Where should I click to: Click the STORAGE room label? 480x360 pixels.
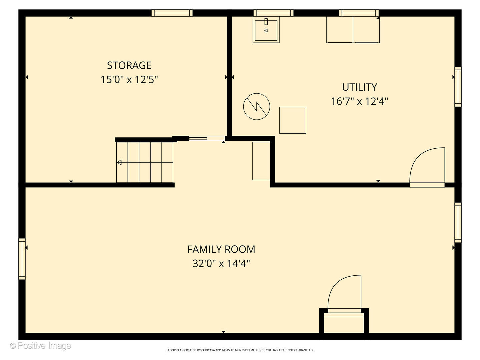129,65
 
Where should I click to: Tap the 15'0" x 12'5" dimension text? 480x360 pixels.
129,80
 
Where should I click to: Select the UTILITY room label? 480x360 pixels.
359,87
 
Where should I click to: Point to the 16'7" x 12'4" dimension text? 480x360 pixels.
359,101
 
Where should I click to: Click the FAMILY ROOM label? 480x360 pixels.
221,249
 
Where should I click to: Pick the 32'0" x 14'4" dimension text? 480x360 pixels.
221,264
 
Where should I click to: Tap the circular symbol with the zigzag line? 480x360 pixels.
256,107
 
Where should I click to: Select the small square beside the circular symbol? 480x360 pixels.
293,120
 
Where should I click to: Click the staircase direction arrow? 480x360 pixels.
119,162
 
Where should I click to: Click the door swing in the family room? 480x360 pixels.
345,292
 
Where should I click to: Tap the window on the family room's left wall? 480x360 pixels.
22,259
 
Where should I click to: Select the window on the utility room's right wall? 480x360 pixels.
458,87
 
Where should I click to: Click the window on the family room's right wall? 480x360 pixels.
458,222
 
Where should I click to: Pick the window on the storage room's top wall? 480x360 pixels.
172,13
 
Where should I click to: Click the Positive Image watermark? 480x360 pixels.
40,346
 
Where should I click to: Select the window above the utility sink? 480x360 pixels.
273,13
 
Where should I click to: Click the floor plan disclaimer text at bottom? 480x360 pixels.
240,350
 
